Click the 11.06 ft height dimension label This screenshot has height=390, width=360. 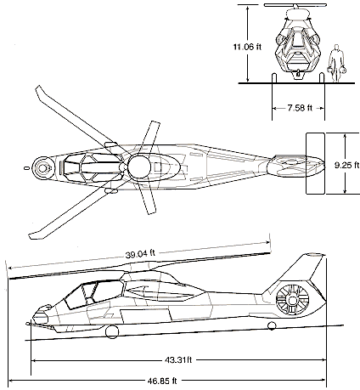click(x=247, y=47)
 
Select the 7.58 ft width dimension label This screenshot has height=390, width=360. click(x=300, y=108)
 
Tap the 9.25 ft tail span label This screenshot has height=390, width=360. click(x=347, y=165)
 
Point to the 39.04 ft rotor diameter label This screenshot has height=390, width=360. click(x=140, y=254)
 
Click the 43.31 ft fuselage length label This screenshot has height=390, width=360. click(x=178, y=360)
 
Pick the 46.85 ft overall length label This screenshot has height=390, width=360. click(x=162, y=381)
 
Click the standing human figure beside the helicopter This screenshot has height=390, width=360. click(x=336, y=63)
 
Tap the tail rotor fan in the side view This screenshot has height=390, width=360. click(x=292, y=300)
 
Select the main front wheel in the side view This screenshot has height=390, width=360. click(x=112, y=331)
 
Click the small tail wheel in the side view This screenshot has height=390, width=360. click(x=272, y=326)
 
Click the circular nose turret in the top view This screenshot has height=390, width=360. click(x=42, y=168)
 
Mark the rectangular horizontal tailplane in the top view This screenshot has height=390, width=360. click(x=315, y=163)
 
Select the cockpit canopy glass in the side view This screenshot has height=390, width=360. click(x=93, y=294)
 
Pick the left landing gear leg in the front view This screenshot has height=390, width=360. click(x=273, y=78)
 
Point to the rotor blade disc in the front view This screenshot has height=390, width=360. click(x=295, y=5)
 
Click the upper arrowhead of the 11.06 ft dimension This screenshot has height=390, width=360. click(x=248, y=8)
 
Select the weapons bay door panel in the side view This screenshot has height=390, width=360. click(x=146, y=316)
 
